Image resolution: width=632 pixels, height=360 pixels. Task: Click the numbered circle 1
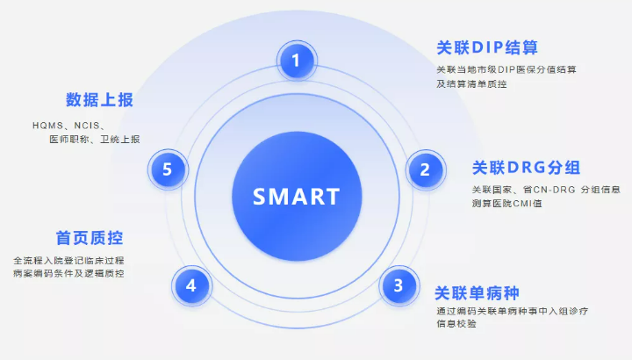(297, 61)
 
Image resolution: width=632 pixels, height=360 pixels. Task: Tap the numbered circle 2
(426, 169)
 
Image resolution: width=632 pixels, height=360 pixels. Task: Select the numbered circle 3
(399, 285)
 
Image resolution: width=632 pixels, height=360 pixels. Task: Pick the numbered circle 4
(191, 286)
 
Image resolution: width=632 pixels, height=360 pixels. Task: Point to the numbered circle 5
(168, 169)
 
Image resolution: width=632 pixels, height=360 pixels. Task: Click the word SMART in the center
(297, 197)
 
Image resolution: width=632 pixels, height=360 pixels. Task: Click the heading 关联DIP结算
(487, 47)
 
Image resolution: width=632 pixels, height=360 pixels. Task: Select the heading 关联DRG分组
(526, 168)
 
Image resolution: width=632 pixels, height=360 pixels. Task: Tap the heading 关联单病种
(477, 293)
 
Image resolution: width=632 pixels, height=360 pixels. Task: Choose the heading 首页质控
(90, 238)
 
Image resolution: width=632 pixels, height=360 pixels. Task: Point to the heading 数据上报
(99, 99)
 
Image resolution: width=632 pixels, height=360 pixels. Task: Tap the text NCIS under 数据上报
(87, 126)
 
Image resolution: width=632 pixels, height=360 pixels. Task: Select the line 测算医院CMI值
(507, 203)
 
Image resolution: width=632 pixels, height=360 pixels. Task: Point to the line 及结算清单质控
(471, 83)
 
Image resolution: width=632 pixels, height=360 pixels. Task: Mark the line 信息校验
(456, 324)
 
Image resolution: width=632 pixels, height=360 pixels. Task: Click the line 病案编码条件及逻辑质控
(68, 273)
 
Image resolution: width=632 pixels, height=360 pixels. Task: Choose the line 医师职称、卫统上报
(95, 139)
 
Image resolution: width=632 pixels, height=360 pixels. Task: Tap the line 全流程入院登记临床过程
(68, 261)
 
